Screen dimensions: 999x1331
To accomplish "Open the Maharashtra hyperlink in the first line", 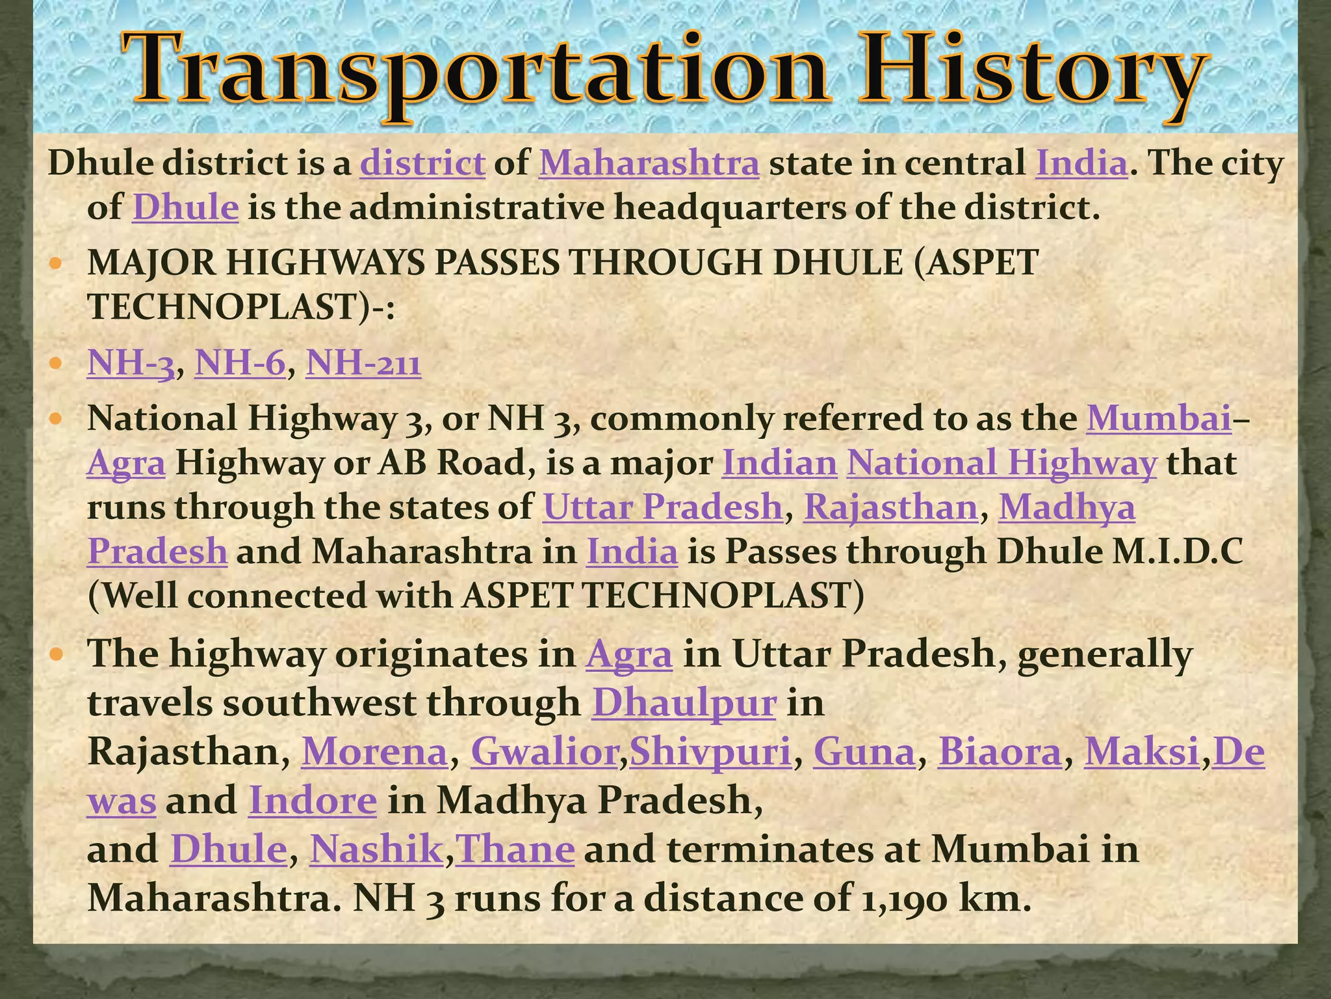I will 649,163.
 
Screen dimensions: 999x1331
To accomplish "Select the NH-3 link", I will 131,363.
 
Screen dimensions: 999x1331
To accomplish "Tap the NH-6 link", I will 240,363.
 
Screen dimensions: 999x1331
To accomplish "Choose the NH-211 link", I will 363,363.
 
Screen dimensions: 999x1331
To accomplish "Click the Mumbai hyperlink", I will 1159,418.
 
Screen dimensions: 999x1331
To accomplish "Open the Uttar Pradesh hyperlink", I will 663,507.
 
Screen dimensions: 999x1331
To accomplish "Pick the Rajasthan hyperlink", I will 890,507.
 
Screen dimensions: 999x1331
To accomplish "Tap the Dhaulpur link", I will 684,703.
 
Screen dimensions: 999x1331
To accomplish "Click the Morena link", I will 374,752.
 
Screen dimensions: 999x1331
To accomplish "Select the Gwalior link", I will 544,752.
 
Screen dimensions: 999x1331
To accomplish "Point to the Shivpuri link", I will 710,752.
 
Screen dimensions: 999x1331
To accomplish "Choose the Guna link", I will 864,752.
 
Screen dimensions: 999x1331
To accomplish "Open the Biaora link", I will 999,752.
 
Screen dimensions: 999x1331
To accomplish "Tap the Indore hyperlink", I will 313,801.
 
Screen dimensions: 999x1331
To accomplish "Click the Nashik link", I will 376,849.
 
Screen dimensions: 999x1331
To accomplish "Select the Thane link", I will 515,849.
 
